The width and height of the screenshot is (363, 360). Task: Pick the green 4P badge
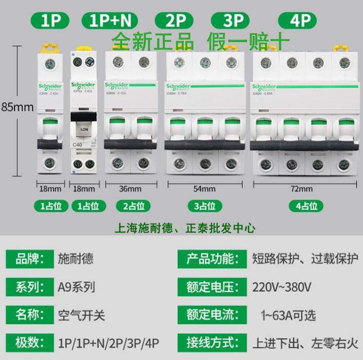302,21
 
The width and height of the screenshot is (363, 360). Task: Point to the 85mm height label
17,107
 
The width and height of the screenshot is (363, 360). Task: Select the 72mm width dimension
301,188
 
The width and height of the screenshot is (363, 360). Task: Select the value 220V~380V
282,286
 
